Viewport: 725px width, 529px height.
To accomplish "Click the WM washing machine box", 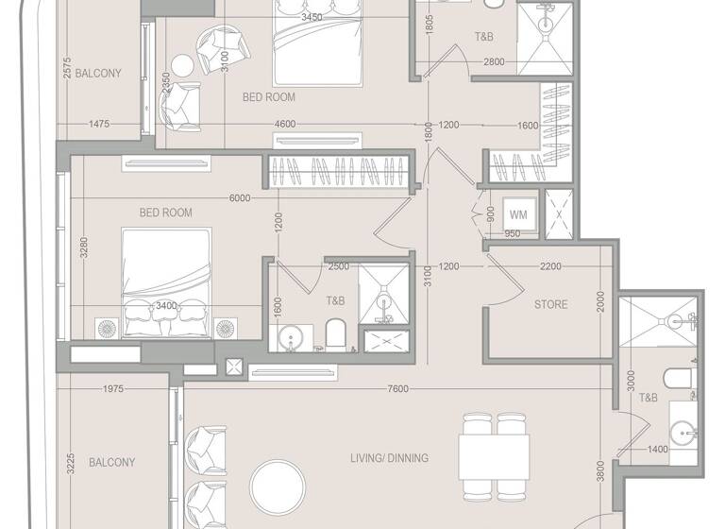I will coord(518,213).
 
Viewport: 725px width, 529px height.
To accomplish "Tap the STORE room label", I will coord(550,304).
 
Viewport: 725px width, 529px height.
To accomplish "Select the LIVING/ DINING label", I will coord(389,458).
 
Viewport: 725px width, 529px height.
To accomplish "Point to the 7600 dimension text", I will coord(397,389).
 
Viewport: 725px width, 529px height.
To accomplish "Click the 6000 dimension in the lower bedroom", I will coord(239,198).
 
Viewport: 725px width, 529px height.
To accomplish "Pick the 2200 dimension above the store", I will coord(551,267).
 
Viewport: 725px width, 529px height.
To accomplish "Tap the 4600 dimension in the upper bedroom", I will coord(284,124).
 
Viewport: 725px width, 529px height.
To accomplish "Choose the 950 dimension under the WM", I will coord(512,234).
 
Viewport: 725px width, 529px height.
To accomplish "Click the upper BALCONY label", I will coord(98,73).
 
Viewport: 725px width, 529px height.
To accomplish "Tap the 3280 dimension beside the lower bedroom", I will coord(83,248).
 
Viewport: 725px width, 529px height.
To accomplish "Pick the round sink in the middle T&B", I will coord(293,335).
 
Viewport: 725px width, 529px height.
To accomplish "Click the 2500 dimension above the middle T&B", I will coord(338,267).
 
